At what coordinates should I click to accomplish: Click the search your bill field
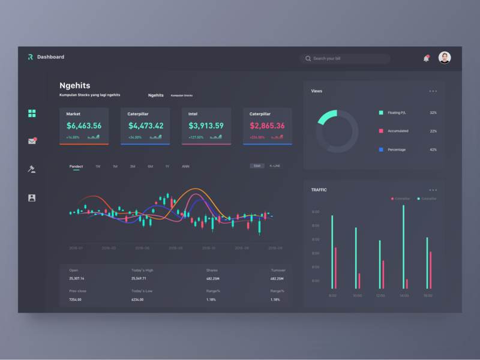[x=345, y=59]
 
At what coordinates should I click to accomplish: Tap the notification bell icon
[x=426, y=58]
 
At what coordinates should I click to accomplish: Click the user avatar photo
[x=445, y=58]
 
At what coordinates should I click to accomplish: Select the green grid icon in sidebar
[x=32, y=113]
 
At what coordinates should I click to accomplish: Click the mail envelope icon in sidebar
[x=32, y=142]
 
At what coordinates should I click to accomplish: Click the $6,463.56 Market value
[x=84, y=126]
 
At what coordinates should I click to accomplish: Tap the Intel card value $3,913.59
[x=206, y=126]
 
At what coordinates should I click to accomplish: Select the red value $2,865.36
[x=267, y=126]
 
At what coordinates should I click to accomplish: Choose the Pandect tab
[x=76, y=166]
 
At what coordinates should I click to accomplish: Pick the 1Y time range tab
[x=167, y=166]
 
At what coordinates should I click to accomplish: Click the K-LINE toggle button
[x=275, y=166]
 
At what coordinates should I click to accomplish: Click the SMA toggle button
[x=257, y=166]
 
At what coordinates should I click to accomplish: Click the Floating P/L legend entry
[x=397, y=113]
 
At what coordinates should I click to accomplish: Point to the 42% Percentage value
[x=433, y=149]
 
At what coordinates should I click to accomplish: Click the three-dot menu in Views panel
[x=433, y=91]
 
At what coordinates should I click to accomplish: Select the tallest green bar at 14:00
[x=403, y=246]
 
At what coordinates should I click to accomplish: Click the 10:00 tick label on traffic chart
[x=357, y=295]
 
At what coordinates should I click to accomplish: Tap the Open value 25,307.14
[x=77, y=278]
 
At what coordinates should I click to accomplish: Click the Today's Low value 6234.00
[x=137, y=299]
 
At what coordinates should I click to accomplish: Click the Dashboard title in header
[x=50, y=57]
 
